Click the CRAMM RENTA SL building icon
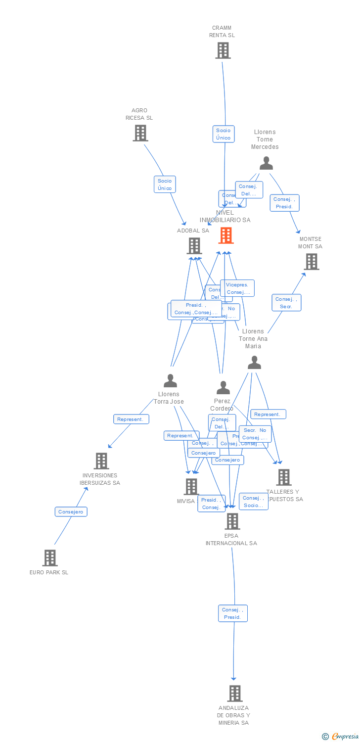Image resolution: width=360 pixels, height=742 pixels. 223,50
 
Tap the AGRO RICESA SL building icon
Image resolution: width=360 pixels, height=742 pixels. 140,133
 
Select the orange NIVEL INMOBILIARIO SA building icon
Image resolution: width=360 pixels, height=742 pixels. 226,235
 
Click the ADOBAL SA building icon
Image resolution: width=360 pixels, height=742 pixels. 194,246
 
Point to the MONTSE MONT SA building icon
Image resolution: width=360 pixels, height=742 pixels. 311,262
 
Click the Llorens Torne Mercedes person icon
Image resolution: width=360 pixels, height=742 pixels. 266,163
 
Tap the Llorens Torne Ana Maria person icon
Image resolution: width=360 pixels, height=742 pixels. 254,363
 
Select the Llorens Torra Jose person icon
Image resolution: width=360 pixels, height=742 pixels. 170,381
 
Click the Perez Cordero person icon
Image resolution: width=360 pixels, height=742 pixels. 223,388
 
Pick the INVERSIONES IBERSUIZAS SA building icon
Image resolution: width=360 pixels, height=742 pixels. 101,461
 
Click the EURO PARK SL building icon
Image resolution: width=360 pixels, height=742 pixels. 49,558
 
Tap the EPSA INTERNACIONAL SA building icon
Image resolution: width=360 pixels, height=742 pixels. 232,521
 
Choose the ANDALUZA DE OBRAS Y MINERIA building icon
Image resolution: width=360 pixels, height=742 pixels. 234,694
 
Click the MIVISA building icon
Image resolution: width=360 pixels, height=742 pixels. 191,487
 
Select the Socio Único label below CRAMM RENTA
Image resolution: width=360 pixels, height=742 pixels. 223,134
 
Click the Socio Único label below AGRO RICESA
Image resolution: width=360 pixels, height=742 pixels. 165,185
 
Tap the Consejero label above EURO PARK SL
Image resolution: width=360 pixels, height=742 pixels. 71,511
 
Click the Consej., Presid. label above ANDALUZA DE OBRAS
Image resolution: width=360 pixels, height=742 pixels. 232,613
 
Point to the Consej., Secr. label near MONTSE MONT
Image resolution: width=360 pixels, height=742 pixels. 286,303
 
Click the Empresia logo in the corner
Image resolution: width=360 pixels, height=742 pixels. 340,737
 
